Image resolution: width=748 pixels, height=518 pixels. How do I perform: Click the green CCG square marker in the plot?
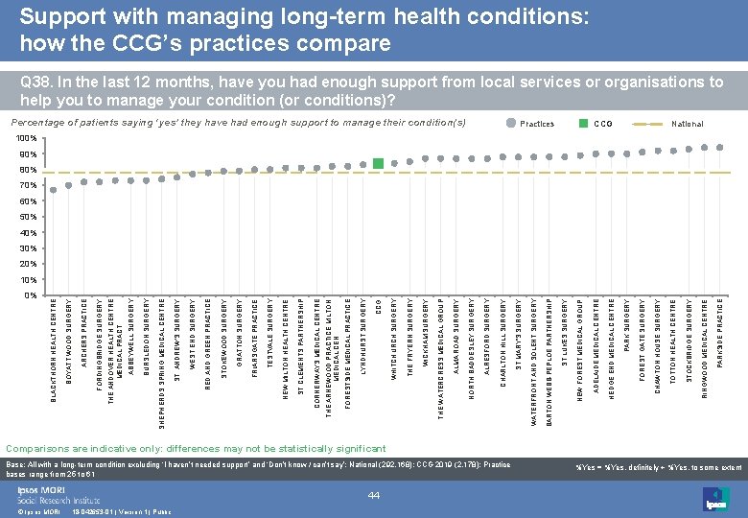tap(379, 164)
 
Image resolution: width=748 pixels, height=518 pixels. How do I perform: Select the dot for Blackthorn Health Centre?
tap(54, 189)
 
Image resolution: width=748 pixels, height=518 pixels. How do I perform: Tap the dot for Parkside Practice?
tap(720, 148)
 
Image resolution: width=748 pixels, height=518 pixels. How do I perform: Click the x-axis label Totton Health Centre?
tap(673, 341)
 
